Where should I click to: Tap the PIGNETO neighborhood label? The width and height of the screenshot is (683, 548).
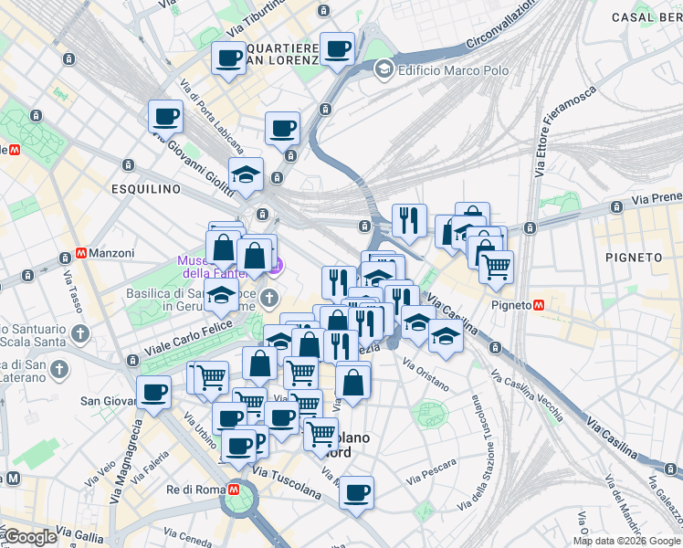coord(634,258)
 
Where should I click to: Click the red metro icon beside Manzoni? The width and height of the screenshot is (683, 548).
coord(81,253)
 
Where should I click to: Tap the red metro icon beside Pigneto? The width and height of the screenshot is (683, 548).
coord(540,304)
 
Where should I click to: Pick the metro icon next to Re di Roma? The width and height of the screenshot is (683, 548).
coord(235,490)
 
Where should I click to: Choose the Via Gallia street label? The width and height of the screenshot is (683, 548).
coord(80,532)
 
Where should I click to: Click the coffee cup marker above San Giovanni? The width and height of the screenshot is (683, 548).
coord(153,391)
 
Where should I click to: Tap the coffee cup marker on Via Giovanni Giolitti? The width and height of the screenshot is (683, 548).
coord(165,116)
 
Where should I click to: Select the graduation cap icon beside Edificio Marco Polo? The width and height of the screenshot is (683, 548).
coord(384,68)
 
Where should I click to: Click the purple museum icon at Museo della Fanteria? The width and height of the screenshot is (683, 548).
coord(278,266)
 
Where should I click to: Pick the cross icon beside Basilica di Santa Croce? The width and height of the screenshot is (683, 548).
coord(269,298)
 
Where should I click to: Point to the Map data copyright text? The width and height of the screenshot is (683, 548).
coord(626,541)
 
